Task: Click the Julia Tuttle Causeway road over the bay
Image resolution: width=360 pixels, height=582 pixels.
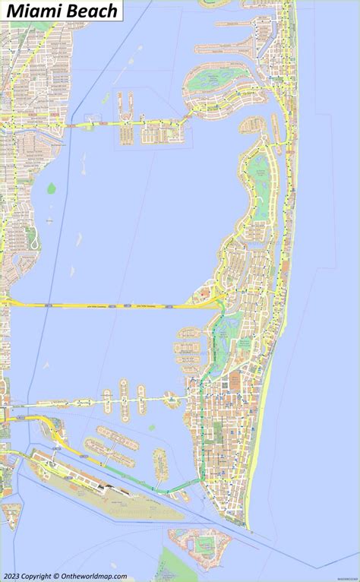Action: click(114, 305)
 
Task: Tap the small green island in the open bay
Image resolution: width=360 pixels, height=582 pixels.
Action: click(52, 188)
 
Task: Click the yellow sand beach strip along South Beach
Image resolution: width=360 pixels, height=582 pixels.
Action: click(257, 456)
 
